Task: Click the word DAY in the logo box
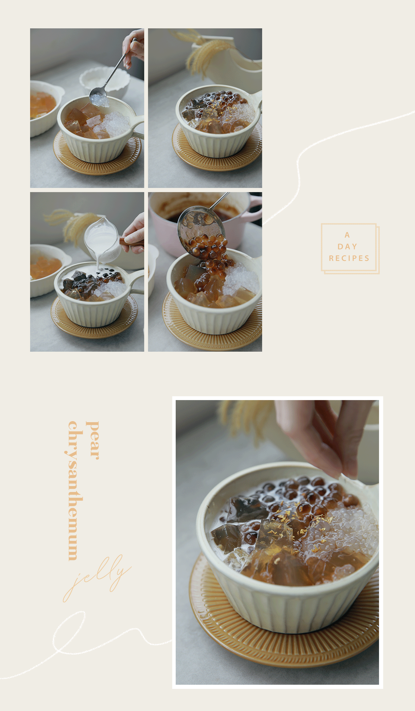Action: pyautogui.click(x=347, y=246)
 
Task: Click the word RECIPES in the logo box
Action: pyautogui.click(x=349, y=258)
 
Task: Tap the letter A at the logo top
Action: pyautogui.click(x=347, y=235)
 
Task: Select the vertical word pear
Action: pyautogui.click(x=93, y=440)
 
